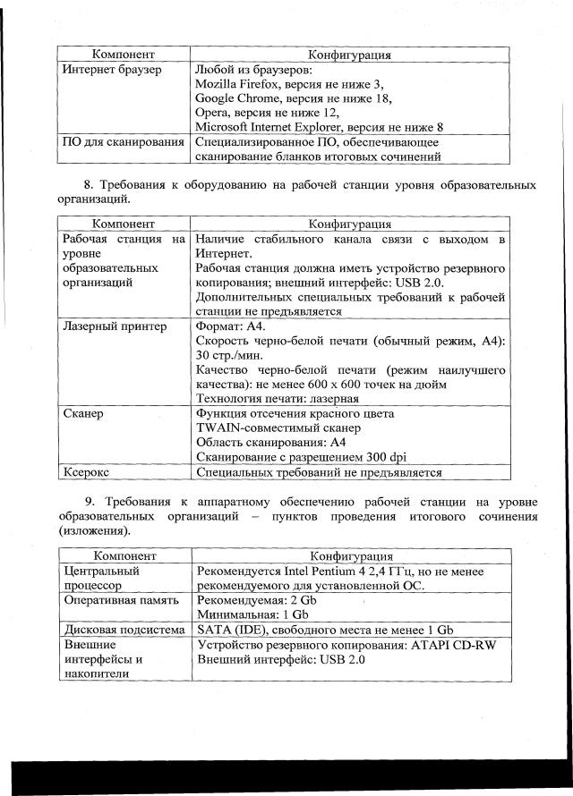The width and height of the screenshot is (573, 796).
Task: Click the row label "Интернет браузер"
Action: pyautogui.click(x=111, y=70)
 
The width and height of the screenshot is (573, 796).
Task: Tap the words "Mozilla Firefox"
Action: pyautogui.click(x=233, y=84)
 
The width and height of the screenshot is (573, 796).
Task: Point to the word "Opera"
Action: pyautogui.click(x=211, y=113)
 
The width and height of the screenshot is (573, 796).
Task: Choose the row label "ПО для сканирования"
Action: pyautogui.click(x=122, y=142)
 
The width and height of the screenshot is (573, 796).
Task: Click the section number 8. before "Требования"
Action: pyautogui.click(x=88, y=186)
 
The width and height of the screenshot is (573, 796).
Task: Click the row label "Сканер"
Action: pyautogui.click(x=83, y=413)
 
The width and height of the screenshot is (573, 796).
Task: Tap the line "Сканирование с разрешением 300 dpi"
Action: pyautogui.click(x=300, y=457)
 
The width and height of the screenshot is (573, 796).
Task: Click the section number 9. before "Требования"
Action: pyautogui.click(x=90, y=501)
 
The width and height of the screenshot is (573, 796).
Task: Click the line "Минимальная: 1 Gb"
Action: pyautogui.click(x=252, y=615)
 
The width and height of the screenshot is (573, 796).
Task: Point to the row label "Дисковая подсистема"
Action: pyautogui.click(x=124, y=631)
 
